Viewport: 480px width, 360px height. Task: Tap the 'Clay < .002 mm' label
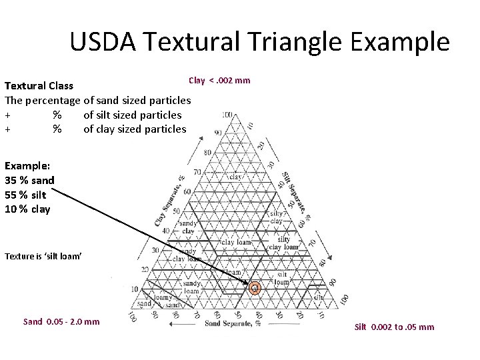pyautogui.click(x=219, y=81)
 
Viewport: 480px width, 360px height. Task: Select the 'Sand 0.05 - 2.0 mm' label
pyautogui.click(x=61, y=321)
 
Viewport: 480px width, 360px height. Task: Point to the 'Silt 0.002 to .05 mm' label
pyautogui.click(x=394, y=327)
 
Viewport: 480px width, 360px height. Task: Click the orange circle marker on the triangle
pyautogui.click(x=254, y=288)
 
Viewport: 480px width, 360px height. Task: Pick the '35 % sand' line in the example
pyautogui.click(x=30, y=180)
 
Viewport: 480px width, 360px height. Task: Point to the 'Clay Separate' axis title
pyautogui.click(x=169, y=199)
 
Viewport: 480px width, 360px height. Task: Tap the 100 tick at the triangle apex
pyautogui.click(x=227, y=115)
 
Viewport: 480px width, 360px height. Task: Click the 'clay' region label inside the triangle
pyautogui.click(x=236, y=177)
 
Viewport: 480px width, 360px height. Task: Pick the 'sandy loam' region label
pyautogui.click(x=173, y=287)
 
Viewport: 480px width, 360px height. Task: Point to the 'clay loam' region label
pyautogui.click(x=237, y=242)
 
